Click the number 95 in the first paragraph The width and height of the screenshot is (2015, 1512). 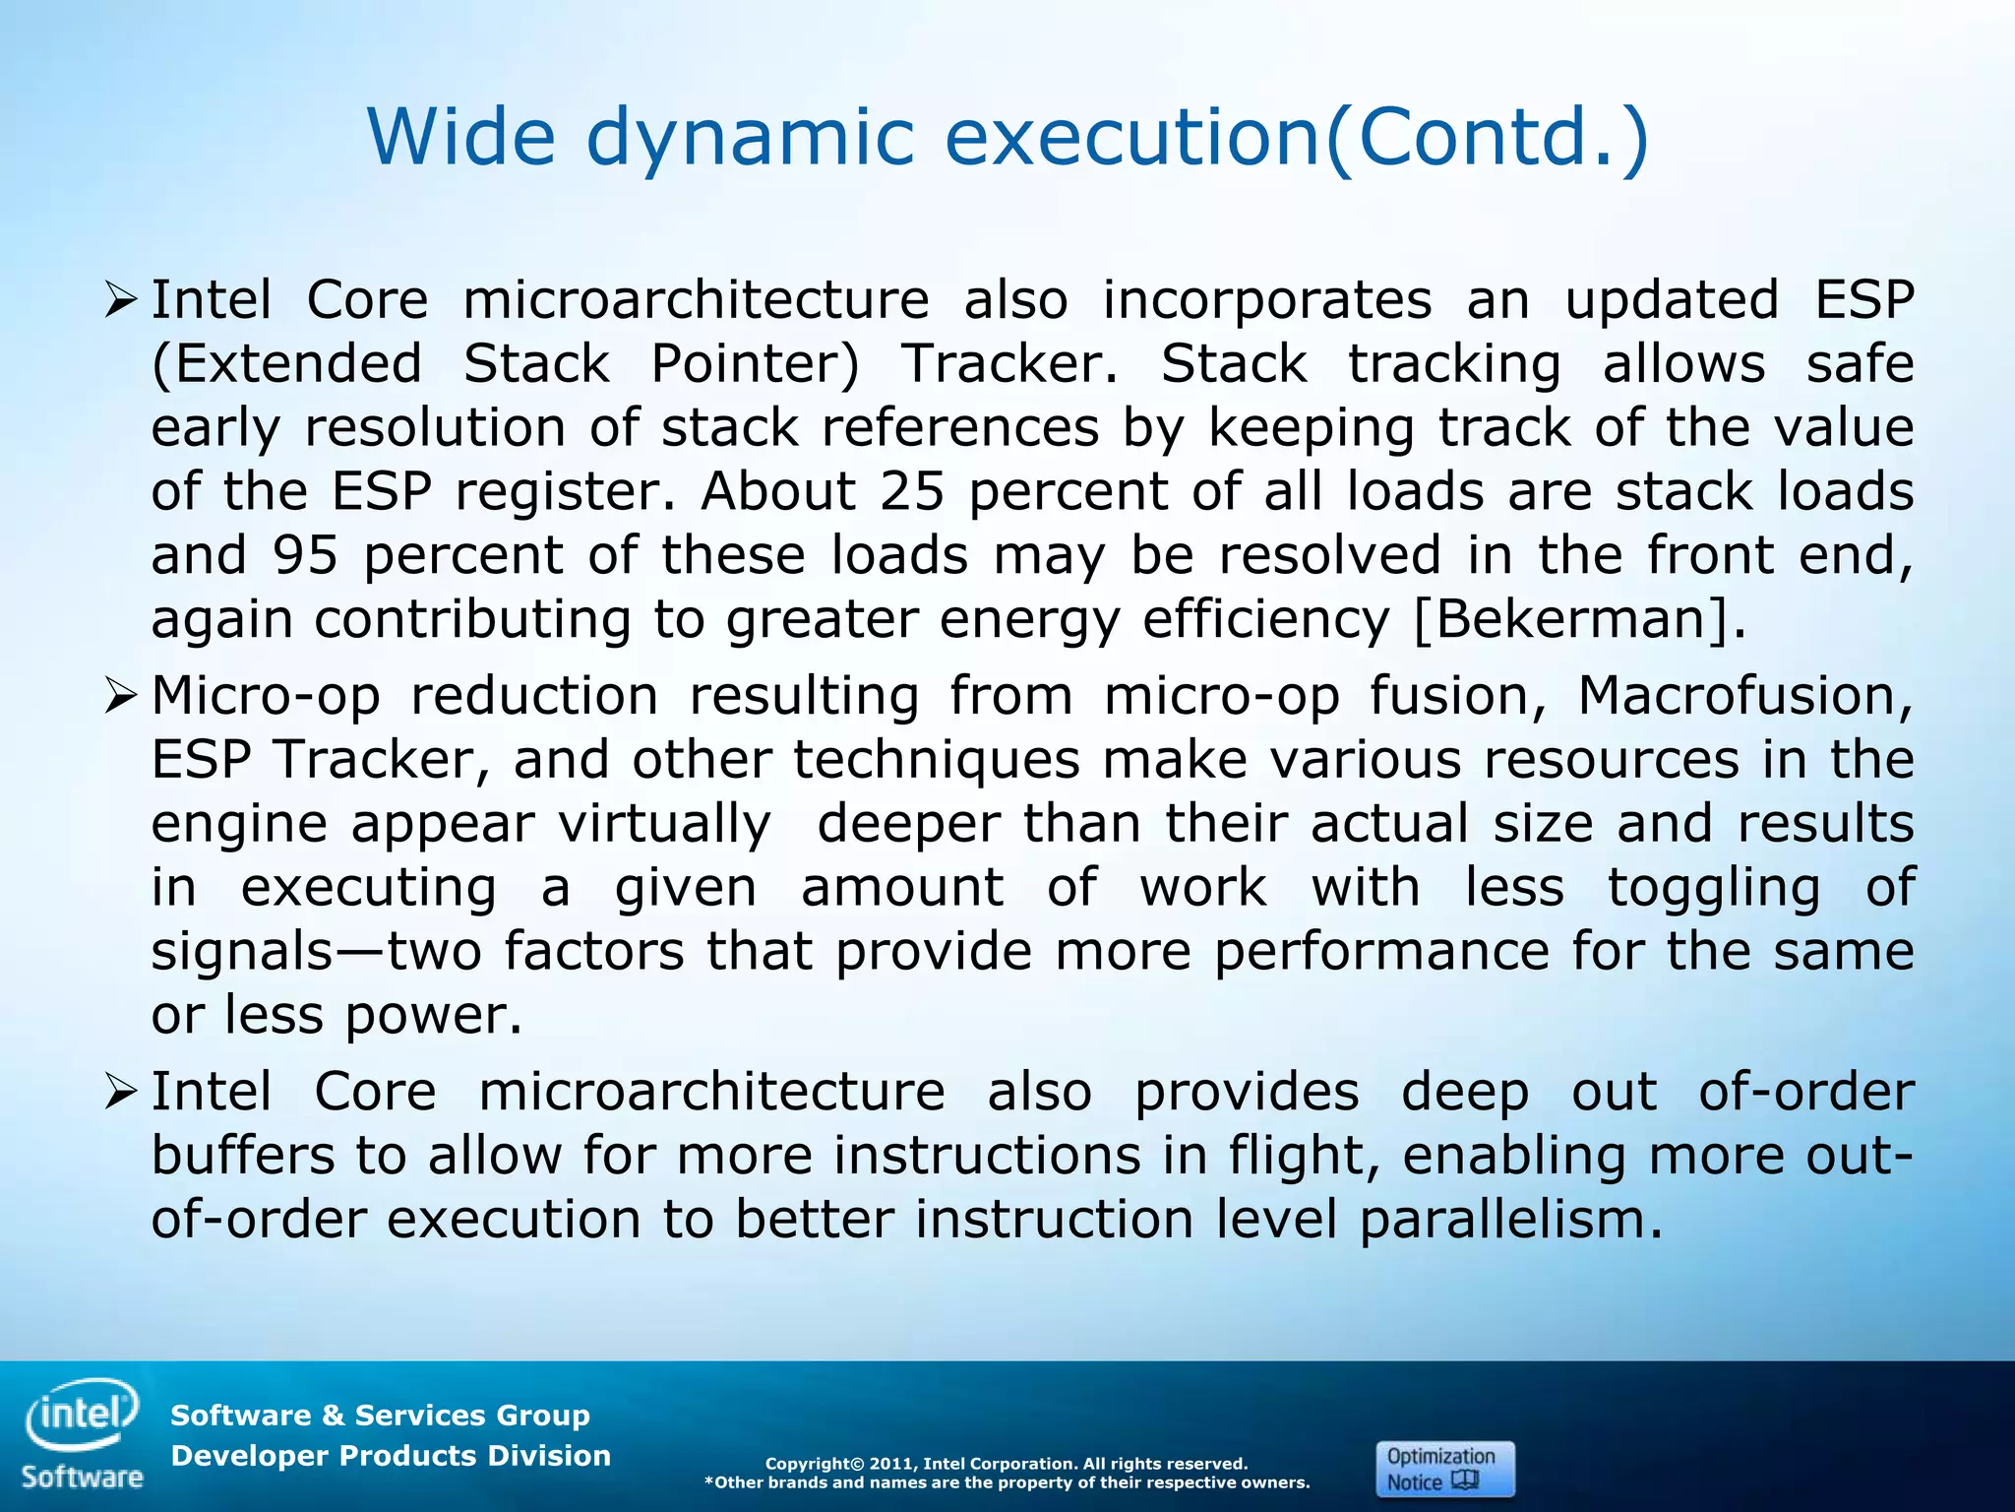[x=306, y=555]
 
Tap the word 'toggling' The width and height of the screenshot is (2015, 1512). [x=1714, y=887]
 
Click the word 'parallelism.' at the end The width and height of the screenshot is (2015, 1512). [x=1511, y=1220]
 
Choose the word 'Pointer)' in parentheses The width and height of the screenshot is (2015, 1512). [x=755, y=364]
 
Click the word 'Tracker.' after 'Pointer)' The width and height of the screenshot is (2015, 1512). [x=1009, y=364]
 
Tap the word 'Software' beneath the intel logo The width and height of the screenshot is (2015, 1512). [x=83, y=1477]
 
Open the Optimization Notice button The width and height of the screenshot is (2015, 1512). [x=1444, y=1469]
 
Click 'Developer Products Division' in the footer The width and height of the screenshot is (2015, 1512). [x=391, y=1456]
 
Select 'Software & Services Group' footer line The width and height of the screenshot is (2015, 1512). [x=380, y=1416]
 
